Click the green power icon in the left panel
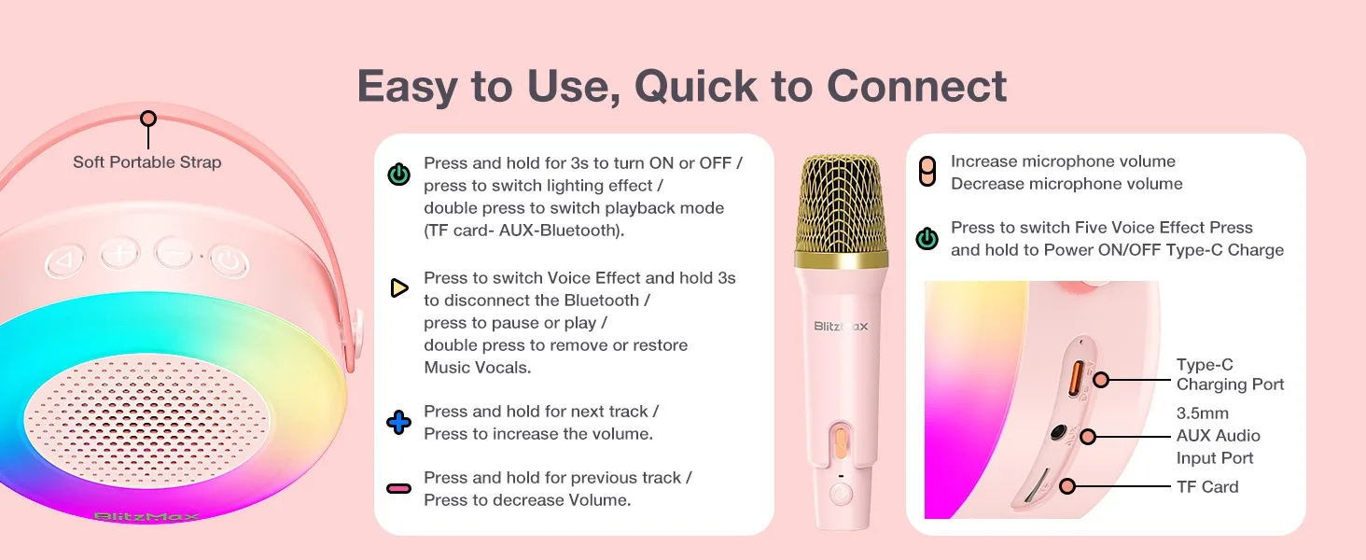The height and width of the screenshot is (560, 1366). (398, 175)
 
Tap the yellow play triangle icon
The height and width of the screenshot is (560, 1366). (398, 287)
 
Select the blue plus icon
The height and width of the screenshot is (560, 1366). (398, 422)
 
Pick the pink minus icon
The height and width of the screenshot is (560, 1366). (398, 488)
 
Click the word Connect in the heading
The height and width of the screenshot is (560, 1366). (916, 86)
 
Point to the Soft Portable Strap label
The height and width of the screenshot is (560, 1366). (147, 162)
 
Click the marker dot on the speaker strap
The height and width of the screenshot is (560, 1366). (148, 119)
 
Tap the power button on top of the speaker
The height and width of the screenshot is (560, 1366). (229, 261)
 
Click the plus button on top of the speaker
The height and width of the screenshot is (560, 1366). (119, 253)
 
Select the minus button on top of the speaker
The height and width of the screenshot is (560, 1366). (174, 253)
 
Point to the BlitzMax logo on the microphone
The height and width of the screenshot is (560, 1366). (841, 327)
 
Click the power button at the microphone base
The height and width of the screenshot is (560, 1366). (841, 494)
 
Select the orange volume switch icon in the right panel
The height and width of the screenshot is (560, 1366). (927, 172)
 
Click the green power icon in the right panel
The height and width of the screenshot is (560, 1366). (927, 239)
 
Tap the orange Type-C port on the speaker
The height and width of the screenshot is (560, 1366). (1077, 378)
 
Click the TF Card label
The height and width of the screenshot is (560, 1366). (1207, 487)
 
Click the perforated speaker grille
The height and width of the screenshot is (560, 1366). (146, 421)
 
